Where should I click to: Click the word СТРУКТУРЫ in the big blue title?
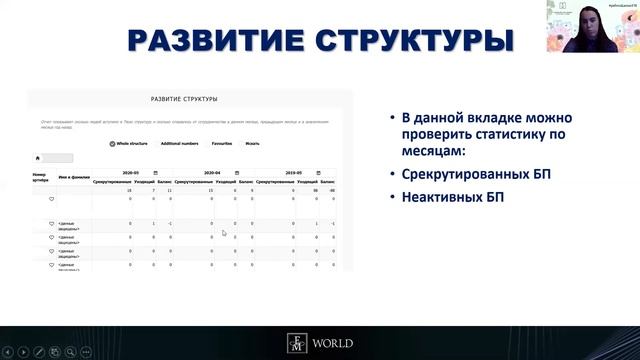coord(409,41)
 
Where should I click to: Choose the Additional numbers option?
coord(179,143)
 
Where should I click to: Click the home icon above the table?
coord(38,158)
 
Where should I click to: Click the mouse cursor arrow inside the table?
coord(224,234)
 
